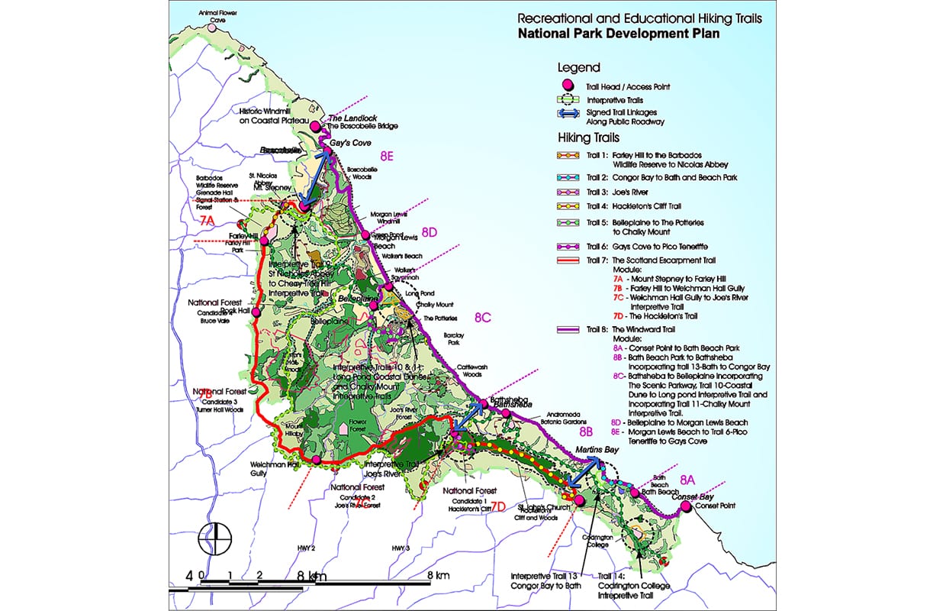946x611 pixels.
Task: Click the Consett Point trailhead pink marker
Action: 686,508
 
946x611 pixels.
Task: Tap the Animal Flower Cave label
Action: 218,16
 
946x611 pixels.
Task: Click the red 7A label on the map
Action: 208,221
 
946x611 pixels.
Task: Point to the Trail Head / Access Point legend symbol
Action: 567,86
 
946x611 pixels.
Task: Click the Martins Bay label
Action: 596,450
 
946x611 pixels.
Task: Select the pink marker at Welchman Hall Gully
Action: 316,459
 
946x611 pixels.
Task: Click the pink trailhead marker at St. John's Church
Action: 578,500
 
